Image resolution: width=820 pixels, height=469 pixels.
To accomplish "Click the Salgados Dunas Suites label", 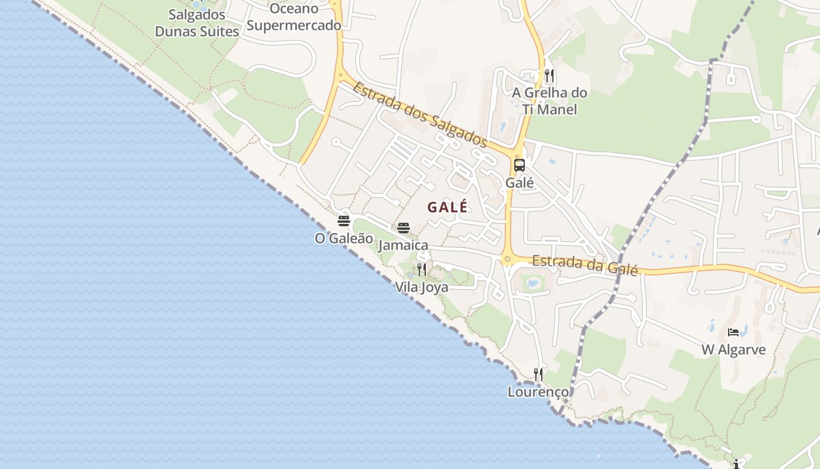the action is click(x=197, y=23).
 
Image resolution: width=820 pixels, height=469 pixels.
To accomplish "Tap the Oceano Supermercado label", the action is click(x=294, y=17).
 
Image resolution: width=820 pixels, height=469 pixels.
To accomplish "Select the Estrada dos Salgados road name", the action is click(x=419, y=114).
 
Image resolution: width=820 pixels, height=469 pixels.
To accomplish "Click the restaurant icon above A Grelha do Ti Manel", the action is click(x=549, y=76).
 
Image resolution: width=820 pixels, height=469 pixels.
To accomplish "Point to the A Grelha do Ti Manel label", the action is click(x=549, y=101).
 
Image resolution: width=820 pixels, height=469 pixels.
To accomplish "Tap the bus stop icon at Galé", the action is click(x=520, y=165).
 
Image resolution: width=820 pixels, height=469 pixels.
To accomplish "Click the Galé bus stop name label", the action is click(x=520, y=182).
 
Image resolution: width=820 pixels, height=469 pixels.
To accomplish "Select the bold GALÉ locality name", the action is click(x=447, y=207).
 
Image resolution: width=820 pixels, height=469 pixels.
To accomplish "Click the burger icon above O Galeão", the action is click(x=344, y=221).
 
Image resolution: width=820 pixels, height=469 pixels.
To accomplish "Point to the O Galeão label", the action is click(x=344, y=238).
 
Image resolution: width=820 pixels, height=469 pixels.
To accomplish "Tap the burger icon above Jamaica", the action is click(x=404, y=228).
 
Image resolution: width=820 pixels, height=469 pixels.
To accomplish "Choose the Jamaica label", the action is click(x=404, y=245).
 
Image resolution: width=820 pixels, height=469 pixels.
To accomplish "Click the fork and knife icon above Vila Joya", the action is click(x=422, y=270).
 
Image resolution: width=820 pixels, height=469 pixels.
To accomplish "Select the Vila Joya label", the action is click(x=422, y=287).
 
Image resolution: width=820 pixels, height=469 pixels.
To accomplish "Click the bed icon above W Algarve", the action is click(x=733, y=332).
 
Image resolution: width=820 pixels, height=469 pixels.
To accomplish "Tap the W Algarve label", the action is click(x=733, y=350).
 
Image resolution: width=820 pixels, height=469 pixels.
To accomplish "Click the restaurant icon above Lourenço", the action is click(x=538, y=374).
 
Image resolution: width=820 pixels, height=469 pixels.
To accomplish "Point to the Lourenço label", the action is click(x=538, y=391).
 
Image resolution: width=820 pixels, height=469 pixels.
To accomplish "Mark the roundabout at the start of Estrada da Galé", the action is click(x=507, y=259).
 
